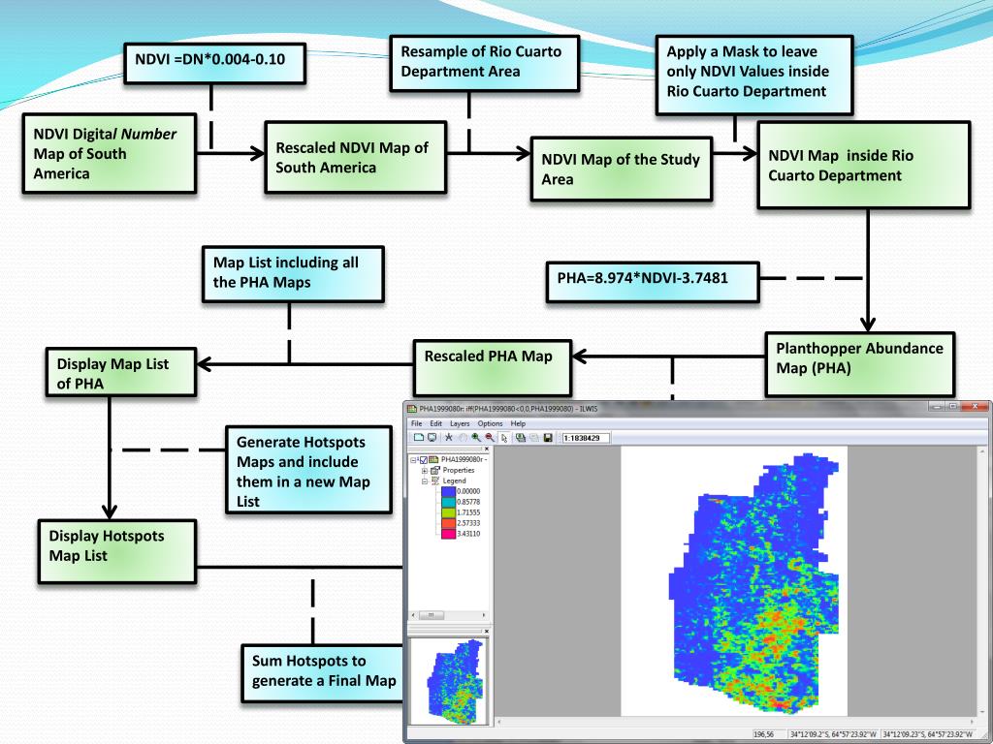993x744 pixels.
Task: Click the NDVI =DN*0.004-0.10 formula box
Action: [x=212, y=64]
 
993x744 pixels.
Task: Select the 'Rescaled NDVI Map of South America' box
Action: [x=355, y=158]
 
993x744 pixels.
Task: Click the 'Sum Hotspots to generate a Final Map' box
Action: [x=323, y=670]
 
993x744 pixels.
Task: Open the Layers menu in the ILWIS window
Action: [x=460, y=423]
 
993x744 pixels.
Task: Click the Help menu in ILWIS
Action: [x=518, y=423]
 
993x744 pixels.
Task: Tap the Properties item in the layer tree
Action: [x=459, y=470]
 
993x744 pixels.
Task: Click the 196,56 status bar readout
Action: [x=767, y=734]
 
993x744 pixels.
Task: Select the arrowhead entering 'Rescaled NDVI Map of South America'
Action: [x=257, y=153]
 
